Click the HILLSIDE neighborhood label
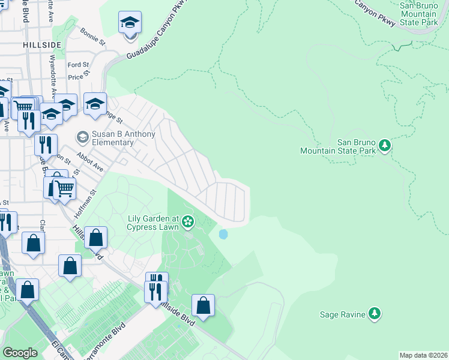coord(42,45)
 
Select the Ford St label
coord(78,65)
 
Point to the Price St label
coord(79,76)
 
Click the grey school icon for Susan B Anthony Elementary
coord(83,138)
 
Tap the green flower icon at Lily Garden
coord(188,223)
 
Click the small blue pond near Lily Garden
coord(223,234)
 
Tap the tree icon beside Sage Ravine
coord(375,313)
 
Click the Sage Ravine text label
coord(343,314)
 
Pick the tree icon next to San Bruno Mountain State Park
coord(385,145)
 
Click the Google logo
coord(20,353)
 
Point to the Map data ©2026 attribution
coord(423,355)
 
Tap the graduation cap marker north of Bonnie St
coord(130,25)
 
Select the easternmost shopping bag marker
coord(203,305)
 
